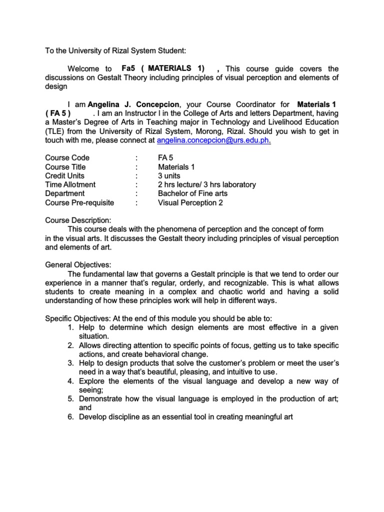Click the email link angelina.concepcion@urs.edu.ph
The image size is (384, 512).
(x=213, y=140)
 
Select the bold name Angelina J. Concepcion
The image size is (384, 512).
(x=133, y=104)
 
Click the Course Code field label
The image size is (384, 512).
(x=67, y=158)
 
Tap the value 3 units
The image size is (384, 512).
(x=171, y=176)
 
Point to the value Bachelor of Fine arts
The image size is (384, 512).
(x=192, y=193)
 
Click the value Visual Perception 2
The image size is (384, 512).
(x=190, y=202)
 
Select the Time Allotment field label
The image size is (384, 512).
(x=70, y=185)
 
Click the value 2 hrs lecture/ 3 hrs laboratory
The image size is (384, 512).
(x=206, y=185)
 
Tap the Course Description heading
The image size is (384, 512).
(x=78, y=220)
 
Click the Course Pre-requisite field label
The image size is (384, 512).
(x=79, y=202)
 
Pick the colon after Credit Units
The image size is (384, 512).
(x=136, y=176)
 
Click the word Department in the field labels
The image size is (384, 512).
(x=65, y=193)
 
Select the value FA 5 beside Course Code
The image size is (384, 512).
(x=165, y=158)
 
